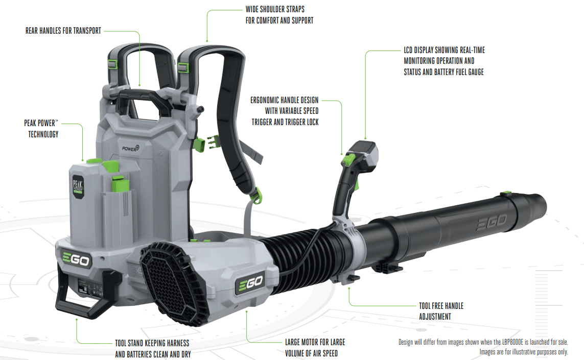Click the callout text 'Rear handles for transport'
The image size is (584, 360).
pos(63,31)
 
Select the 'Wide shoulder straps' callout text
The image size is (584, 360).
pos(279,15)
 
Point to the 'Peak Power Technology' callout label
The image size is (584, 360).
pos(41,129)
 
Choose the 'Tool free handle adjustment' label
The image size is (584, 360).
pos(441,311)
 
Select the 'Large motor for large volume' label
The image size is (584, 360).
pos(315,347)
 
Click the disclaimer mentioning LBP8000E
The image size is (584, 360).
pos(483,347)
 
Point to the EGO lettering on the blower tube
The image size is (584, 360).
pos(492,222)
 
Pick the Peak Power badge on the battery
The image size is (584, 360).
pos(78,186)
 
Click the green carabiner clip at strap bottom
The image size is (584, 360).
pos(256,196)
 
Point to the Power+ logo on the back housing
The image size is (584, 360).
pos(130,148)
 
